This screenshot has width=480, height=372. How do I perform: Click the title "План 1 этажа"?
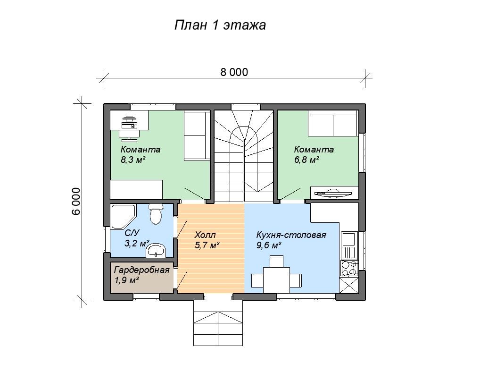pyautogui.click(x=220, y=25)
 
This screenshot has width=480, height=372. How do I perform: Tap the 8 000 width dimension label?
pyautogui.click(x=234, y=72)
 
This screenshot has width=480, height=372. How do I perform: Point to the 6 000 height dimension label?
pyautogui.click(x=76, y=201)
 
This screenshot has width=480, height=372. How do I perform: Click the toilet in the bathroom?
pyautogui.click(x=156, y=214)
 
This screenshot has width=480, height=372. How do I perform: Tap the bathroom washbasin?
pyautogui.click(x=156, y=251)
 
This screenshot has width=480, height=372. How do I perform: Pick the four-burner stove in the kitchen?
pyautogui.click(x=349, y=268)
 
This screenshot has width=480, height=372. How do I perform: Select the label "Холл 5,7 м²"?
pyautogui.click(x=207, y=240)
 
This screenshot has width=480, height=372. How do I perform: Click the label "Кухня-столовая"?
pyautogui.click(x=291, y=236)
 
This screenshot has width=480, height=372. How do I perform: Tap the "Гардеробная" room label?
pyautogui.click(x=142, y=270)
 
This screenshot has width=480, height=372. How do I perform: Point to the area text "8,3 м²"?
pyautogui.click(x=133, y=160)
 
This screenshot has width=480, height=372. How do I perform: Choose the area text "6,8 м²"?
pyautogui.click(x=307, y=160)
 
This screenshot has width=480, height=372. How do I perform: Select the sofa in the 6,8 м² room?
pyautogui.click(x=333, y=123)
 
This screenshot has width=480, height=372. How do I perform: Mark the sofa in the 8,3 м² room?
pyautogui.click(x=197, y=135)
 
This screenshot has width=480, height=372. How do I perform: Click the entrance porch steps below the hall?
pyautogui.click(x=218, y=323)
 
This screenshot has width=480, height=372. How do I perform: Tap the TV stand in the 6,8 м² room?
pyautogui.click(x=334, y=193)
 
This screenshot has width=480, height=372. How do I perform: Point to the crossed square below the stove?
pyautogui.click(x=349, y=285)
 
